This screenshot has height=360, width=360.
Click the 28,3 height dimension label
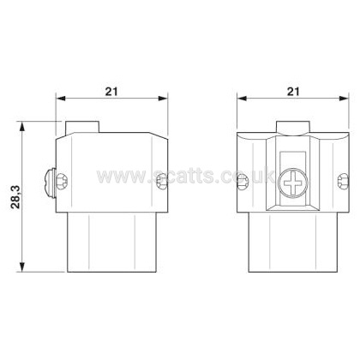(x=16, y=197)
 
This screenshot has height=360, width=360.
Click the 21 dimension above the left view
(x=111, y=92)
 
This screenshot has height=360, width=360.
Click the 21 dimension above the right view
(x=293, y=92)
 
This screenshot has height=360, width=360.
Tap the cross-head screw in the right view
(x=293, y=183)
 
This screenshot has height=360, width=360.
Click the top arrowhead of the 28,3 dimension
(x=22, y=126)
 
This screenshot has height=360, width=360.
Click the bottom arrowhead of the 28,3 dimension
(x=22, y=267)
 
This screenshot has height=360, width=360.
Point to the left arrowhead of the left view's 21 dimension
(x=61, y=99)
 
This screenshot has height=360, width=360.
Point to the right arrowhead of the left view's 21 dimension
(x=163, y=99)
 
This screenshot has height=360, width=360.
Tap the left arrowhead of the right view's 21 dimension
(x=242, y=99)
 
